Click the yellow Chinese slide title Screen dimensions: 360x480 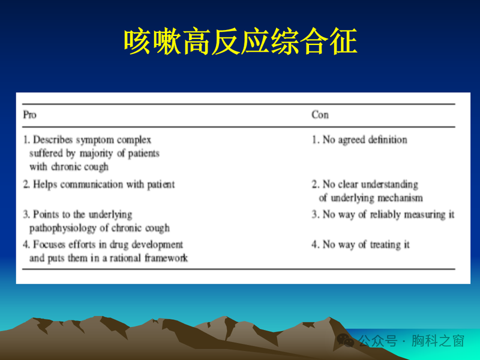[x=240, y=41]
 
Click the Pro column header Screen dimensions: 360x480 [x=29, y=115]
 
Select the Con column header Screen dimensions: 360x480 [x=320, y=115]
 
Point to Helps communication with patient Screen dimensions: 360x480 [x=99, y=184]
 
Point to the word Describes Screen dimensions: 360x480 [x=52, y=140]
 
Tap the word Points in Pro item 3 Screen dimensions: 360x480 [x=45, y=214]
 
